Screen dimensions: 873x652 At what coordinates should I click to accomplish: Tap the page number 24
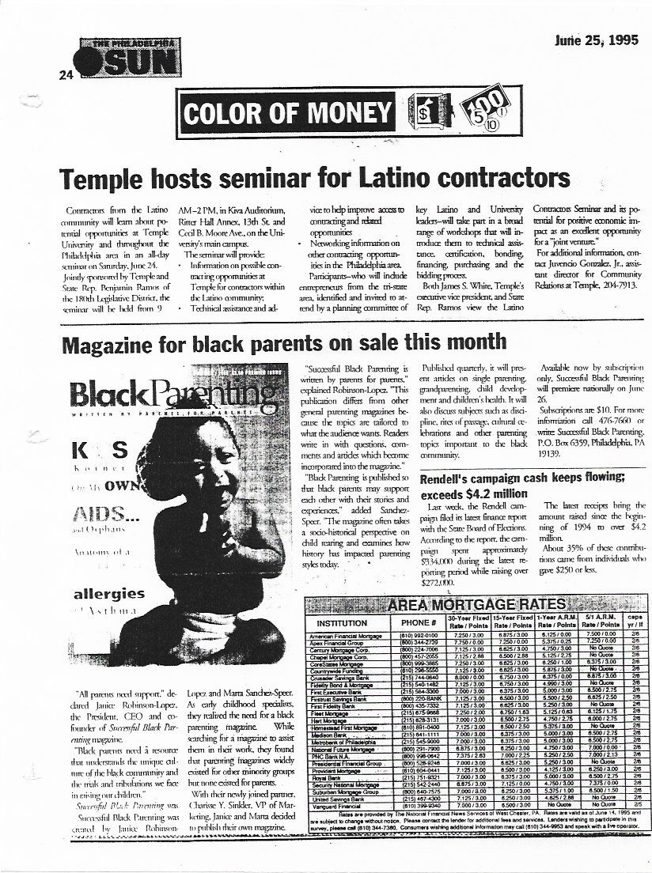[64, 75]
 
